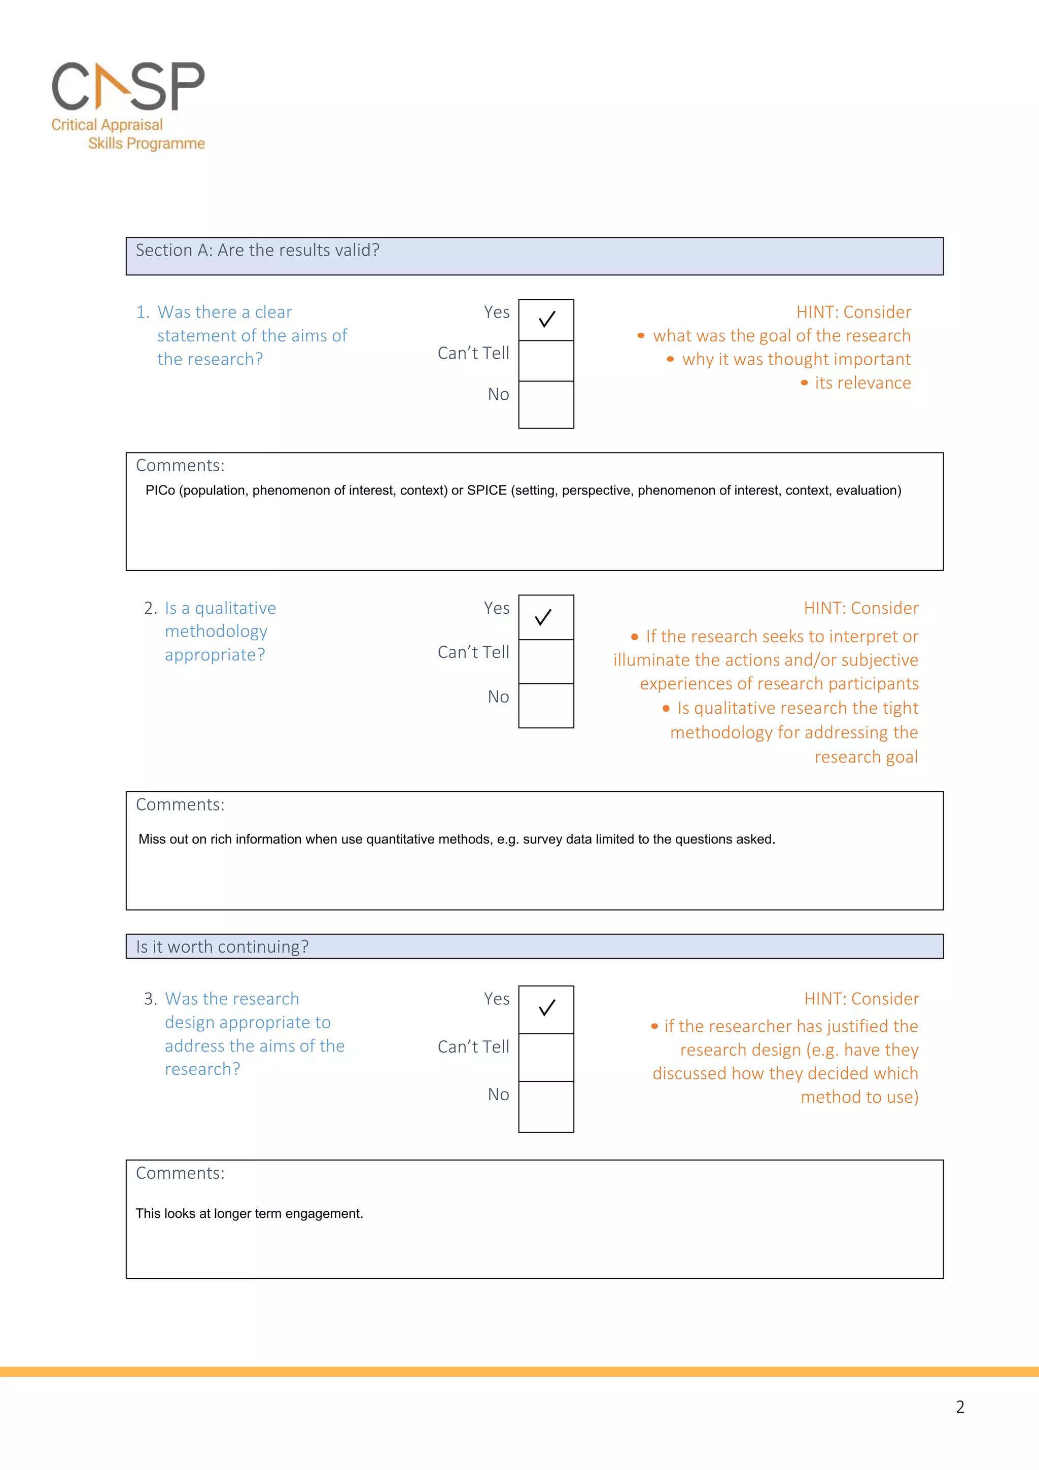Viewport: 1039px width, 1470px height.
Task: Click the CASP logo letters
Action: (x=128, y=86)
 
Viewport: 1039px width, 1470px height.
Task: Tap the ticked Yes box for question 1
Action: (x=546, y=320)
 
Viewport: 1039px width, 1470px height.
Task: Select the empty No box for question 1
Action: (x=546, y=405)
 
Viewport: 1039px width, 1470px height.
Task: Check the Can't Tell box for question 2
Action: (x=546, y=661)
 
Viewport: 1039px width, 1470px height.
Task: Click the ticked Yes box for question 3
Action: (x=546, y=1009)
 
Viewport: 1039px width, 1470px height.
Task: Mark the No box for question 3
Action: (x=546, y=1106)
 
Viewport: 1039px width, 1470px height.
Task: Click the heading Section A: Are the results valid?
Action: (x=257, y=251)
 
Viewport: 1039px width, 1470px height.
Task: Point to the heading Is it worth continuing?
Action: (x=222, y=947)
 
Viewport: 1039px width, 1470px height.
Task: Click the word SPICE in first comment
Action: (x=487, y=491)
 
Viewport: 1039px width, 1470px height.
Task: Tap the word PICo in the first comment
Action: (x=160, y=491)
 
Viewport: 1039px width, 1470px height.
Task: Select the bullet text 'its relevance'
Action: (x=862, y=383)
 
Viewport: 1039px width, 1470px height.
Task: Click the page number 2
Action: (x=960, y=1407)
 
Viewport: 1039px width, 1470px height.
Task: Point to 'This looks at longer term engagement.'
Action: (x=249, y=1213)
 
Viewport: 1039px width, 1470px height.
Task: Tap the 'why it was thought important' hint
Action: (x=795, y=359)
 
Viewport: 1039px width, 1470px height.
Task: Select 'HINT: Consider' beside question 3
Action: (x=861, y=999)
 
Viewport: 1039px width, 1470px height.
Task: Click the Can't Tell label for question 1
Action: (x=473, y=353)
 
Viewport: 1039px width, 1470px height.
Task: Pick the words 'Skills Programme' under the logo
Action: (x=146, y=144)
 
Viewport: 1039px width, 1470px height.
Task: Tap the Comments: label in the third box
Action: (x=180, y=1173)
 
